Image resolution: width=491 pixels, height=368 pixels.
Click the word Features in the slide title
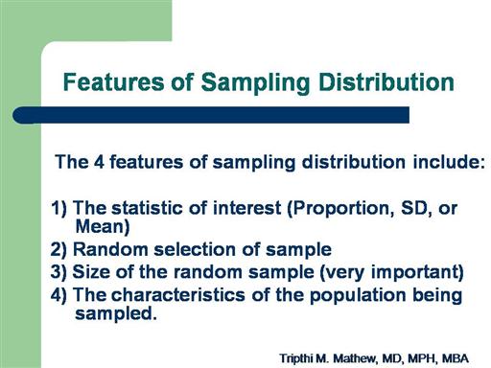pyautogui.click(x=113, y=82)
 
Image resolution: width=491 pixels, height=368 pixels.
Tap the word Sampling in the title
pyautogui.click(x=255, y=83)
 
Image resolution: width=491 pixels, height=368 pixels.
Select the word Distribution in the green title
pyautogui.click(x=386, y=82)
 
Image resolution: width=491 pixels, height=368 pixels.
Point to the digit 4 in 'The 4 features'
pyautogui.click(x=99, y=162)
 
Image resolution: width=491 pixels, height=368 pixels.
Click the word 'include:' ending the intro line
pyautogui.click(x=449, y=162)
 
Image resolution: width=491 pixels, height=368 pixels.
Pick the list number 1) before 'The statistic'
pyautogui.click(x=58, y=208)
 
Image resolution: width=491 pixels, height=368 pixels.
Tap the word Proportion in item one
pyautogui.click(x=340, y=209)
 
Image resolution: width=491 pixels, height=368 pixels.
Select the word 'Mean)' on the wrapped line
pyautogui.click(x=103, y=227)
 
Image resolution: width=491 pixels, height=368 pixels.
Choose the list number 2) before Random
pyautogui.click(x=58, y=249)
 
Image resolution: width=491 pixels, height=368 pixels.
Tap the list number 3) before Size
pyautogui.click(x=58, y=272)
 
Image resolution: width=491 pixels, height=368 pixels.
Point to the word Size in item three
pyautogui.click(x=91, y=272)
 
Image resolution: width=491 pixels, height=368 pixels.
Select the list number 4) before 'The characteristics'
pyautogui.click(x=58, y=295)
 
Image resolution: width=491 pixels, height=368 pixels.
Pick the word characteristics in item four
pyautogui.click(x=177, y=294)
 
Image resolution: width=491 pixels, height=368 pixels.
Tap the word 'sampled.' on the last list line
pyautogui.click(x=116, y=314)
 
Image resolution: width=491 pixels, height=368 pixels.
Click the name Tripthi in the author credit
pyautogui.click(x=296, y=358)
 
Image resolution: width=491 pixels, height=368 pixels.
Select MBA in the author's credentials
pyautogui.click(x=456, y=358)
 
